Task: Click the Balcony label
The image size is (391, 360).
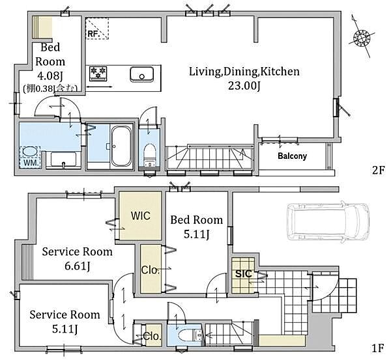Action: coord(292,156)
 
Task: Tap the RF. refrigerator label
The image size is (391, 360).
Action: coord(93,34)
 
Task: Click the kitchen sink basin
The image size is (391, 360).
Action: coord(141,74)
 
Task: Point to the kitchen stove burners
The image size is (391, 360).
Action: coord(98,74)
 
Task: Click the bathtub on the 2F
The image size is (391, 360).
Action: coord(121,146)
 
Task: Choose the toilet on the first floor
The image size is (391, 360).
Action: coord(191,336)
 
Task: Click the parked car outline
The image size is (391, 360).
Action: coord(328,222)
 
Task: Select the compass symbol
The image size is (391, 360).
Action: coord(361,38)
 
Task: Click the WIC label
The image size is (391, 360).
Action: coord(141,215)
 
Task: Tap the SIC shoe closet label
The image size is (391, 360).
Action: coord(244,274)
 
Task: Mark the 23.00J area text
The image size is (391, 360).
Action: coord(244,86)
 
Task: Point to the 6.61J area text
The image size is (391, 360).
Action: coord(78,266)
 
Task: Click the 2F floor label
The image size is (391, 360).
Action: coord(378,171)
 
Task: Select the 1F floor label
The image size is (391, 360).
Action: coord(377,348)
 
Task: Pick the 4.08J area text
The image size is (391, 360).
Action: coord(50,76)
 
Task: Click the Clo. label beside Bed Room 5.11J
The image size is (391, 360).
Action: coord(150,270)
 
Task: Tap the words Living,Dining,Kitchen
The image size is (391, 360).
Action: coord(244,72)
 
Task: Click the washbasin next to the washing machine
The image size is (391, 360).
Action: coord(63,159)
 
